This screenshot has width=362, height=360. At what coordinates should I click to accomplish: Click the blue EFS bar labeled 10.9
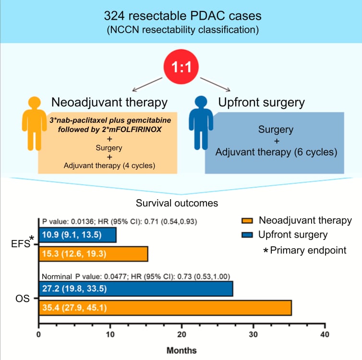(77, 235)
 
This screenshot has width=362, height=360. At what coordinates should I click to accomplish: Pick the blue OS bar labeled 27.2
(135, 288)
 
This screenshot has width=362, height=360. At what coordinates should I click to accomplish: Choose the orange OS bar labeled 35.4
(165, 307)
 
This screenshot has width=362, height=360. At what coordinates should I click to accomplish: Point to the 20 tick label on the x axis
(181, 335)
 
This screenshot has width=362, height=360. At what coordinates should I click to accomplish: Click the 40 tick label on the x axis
(325, 335)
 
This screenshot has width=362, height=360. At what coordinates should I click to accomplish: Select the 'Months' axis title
(181, 350)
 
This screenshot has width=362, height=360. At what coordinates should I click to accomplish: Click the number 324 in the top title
(115, 16)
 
